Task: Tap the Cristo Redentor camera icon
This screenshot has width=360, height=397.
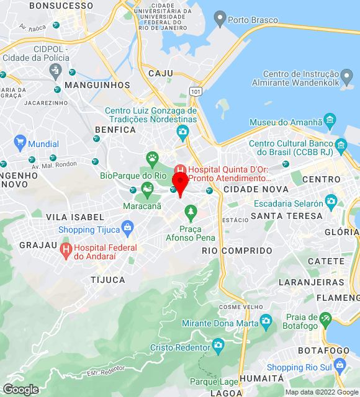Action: click(x=218, y=344)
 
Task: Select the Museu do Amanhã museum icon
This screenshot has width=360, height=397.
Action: click(x=330, y=118)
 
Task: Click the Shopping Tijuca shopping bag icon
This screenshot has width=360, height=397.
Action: click(x=128, y=226)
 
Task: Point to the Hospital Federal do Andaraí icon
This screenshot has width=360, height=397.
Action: click(x=66, y=250)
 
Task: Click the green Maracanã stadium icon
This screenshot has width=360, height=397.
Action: click(x=147, y=188)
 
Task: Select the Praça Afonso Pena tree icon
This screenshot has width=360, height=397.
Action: click(x=191, y=214)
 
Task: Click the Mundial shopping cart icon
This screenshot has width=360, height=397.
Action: click(x=20, y=141)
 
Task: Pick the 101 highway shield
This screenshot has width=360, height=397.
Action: click(x=196, y=91)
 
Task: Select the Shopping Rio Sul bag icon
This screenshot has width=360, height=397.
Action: click(x=339, y=364)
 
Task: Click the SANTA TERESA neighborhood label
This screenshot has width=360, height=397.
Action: click(x=286, y=216)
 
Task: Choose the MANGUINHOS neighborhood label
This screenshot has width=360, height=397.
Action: click(x=97, y=85)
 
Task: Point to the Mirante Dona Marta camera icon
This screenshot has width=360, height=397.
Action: click(x=266, y=321)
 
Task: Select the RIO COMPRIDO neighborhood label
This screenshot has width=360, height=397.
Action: click(x=237, y=251)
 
